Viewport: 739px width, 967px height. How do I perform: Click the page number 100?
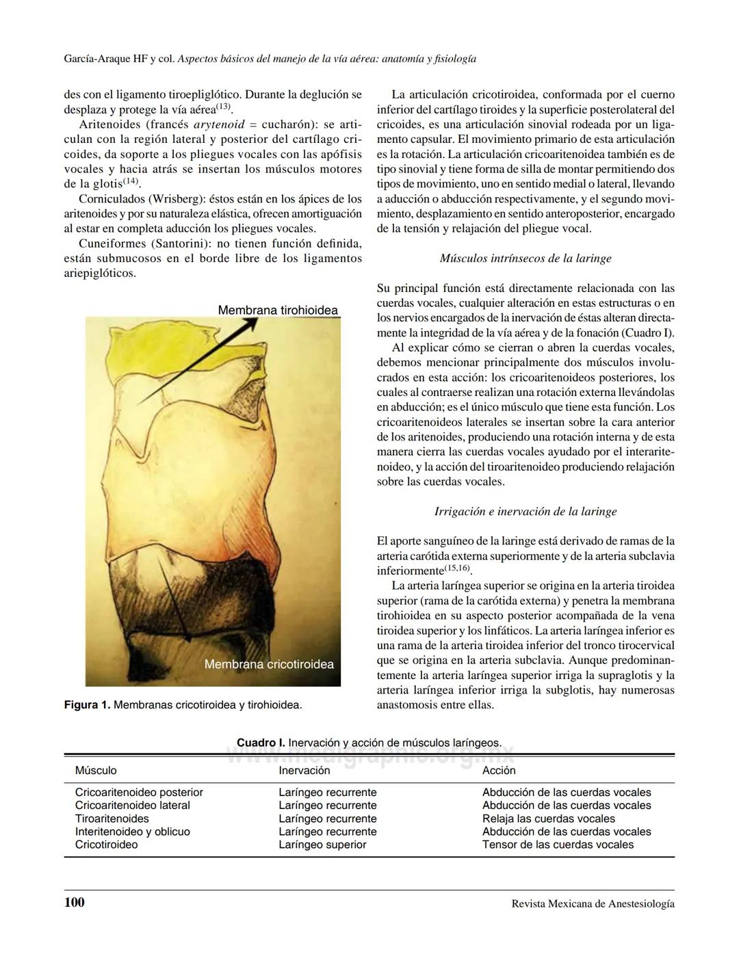point(75,902)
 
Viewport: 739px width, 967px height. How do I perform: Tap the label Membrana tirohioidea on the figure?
point(277,310)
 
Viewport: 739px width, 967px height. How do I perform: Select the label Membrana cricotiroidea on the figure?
point(269,664)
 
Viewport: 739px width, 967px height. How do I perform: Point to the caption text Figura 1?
point(86,704)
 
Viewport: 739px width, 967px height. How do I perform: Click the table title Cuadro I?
point(261,743)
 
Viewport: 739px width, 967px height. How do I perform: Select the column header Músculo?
point(96,770)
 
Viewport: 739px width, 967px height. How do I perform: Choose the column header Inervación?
point(304,770)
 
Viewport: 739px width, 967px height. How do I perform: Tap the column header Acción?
point(499,770)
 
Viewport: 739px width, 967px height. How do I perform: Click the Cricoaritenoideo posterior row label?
point(139,792)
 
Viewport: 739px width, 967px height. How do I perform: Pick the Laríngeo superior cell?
point(322,845)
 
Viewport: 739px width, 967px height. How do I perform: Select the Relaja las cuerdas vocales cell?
point(548,819)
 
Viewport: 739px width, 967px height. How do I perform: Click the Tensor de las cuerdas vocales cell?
point(558,845)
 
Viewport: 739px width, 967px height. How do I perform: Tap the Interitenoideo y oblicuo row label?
point(132,832)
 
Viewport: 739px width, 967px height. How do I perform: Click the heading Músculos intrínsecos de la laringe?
point(526,259)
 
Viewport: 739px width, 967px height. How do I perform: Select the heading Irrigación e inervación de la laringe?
point(526,512)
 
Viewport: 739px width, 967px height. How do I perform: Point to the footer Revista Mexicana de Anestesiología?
point(593,903)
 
